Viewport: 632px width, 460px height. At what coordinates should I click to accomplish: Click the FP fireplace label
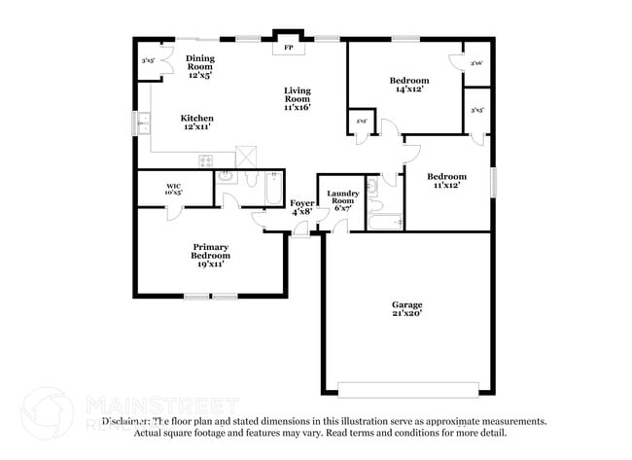[x=288, y=48]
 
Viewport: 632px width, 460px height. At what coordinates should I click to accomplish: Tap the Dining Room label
[x=200, y=66]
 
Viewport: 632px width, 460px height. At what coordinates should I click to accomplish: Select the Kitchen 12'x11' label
[x=196, y=122]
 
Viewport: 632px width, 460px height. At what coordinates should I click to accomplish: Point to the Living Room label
[x=298, y=98]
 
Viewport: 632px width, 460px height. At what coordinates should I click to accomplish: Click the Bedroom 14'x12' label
[x=409, y=85]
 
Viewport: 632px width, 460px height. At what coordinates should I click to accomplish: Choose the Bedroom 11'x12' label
[x=448, y=181]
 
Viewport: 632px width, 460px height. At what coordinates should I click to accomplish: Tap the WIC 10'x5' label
[x=174, y=189]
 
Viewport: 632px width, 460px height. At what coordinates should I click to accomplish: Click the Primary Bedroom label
[x=210, y=255]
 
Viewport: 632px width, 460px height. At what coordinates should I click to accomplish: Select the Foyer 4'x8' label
[x=301, y=206]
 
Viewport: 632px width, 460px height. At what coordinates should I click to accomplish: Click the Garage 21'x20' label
[x=406, y=309]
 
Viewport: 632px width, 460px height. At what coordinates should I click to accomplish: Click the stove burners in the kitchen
[x=205, y=161]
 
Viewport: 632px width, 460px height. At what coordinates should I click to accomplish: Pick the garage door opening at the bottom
[x=408, y=394]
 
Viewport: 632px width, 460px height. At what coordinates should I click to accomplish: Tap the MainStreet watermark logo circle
[x=47, y=412]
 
